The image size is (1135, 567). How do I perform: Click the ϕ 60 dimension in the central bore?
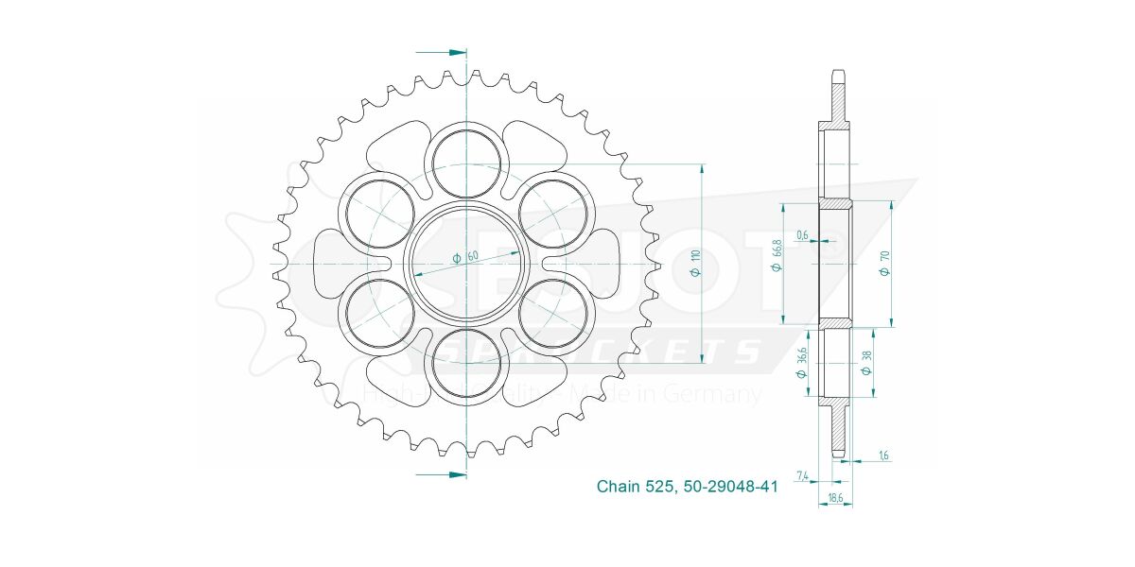pos(466,256)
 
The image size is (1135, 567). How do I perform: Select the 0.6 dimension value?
pos(802,236)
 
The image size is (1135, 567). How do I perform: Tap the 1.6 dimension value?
pos(883,455)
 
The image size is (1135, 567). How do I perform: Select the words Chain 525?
pos(634,487)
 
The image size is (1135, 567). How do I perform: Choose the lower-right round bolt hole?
pos(552,314)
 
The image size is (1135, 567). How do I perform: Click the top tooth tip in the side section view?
pos(838,73)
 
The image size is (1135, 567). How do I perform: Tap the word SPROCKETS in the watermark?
pos(605,352)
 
